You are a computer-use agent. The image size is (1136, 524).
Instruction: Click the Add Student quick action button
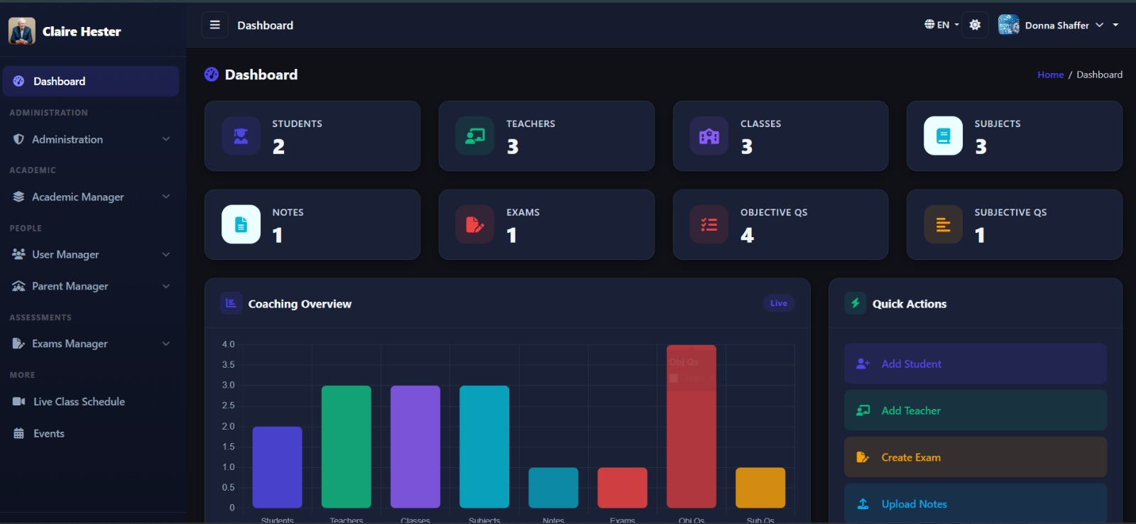(975, 364)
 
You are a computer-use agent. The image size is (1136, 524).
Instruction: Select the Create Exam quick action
(975, 457)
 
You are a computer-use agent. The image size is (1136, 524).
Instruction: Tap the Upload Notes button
(975, 503)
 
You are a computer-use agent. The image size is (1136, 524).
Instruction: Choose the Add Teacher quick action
(975, 410)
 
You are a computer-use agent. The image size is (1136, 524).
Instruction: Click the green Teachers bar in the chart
(346, 447)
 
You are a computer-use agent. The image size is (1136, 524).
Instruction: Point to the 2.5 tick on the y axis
(228, 405)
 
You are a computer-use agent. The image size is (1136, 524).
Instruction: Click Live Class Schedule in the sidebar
(79, 402)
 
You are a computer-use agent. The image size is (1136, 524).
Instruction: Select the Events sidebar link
(48, 434)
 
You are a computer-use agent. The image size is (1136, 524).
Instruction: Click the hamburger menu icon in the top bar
(214, 25)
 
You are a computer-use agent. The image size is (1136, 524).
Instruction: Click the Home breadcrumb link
(1050, 75)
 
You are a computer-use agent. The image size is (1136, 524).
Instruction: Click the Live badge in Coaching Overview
(778, 303)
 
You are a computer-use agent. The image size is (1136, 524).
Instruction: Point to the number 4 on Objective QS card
(747, 235)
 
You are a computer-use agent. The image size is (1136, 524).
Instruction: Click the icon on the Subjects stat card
(943, 136)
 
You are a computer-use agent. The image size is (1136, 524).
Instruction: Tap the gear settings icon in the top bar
(975, 25)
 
